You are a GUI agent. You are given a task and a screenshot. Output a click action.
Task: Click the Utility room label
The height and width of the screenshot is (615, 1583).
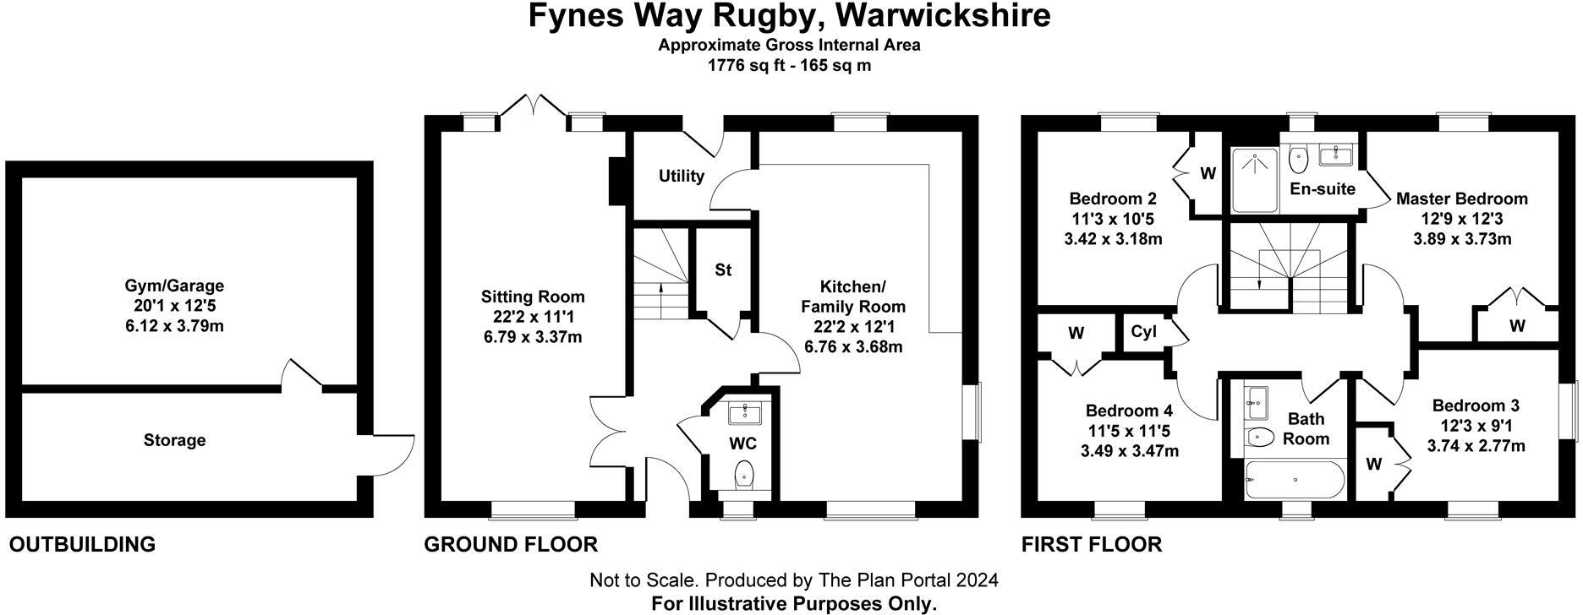pyautogui.click(x=681, y=176)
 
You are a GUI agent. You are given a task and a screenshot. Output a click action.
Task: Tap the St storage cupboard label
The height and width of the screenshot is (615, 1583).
pyautogui.click(x=723, y=270)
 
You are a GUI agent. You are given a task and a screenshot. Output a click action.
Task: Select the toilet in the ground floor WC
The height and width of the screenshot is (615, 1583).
pyautogui.click(x=744, y=474)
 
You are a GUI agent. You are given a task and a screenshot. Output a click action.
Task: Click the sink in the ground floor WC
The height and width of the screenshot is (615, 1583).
pyautogui.click(x=745, y=412)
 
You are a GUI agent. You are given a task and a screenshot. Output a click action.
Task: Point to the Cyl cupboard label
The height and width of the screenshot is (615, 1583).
pyautogui.click(x=1143, y=332)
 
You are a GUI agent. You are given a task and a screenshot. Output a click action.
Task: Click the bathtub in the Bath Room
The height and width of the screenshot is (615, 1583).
pyautogui.click(x=1295, y=482)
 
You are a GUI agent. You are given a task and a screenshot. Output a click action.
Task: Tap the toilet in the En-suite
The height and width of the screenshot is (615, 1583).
pyautogui.click(x=1299, y=158)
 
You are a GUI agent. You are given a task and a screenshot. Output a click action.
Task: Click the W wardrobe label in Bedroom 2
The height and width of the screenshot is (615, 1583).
pyautogui.click(x=1208, y=174)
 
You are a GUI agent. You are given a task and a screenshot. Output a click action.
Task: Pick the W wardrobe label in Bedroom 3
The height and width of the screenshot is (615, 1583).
pyautogui.click(x=1373, y=464)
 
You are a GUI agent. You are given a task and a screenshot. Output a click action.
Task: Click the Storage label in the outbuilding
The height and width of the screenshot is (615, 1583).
pyautogui.click(x=174, y=440)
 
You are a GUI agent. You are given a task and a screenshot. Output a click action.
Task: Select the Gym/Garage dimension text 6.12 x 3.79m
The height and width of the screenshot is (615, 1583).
pyautogui.click(x=174, y=326)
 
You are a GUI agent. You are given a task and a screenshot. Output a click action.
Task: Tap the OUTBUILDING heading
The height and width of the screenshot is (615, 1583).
pyautogui.click(x=82, y=545)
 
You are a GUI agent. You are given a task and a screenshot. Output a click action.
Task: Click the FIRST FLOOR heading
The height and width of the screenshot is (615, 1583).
pyautogui.click(x=1091, y=545)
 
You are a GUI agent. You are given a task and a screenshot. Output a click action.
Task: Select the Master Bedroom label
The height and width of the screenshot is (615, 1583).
pyautogui.click(x=1461, y=199)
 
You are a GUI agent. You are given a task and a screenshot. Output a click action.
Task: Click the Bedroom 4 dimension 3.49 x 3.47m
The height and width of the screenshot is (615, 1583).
pyautogui.click(x=1129, y=451)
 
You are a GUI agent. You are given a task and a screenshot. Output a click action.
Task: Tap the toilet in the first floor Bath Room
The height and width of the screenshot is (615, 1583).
pyautogui.click(x=1261, y=438)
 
